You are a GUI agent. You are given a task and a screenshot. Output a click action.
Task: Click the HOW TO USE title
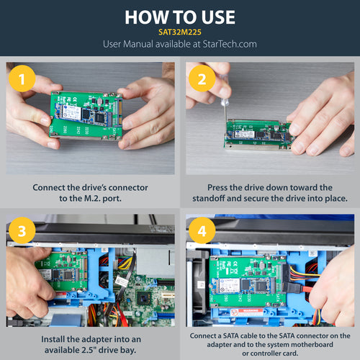(180, 17)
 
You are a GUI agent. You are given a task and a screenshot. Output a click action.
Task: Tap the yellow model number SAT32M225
(180, 32)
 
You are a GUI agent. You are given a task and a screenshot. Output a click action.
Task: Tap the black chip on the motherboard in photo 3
(145, 295)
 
